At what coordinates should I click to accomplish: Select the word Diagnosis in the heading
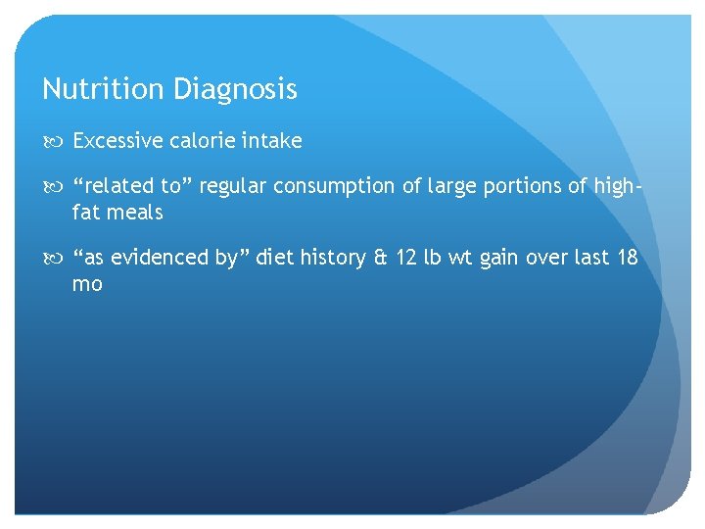coord(235,90)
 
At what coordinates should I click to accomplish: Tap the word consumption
coord(333,186)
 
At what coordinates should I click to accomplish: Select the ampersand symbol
coord(380,258)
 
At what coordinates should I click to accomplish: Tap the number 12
coord(407,258)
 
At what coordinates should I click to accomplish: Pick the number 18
coord(628,258)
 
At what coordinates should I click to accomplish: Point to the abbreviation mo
coord(87,284)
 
